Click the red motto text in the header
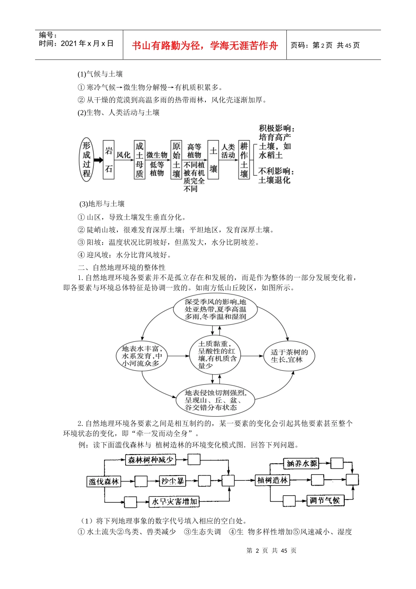(204, 46)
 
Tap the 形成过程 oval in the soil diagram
(87, 159)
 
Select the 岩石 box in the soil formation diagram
(109, 160)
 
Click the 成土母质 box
(139, 160)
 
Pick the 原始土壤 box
(176, 160)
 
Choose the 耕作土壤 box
(244, 160)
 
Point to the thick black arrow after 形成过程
(98, 160)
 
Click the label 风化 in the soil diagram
(123, 155)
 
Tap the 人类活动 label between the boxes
(228, 151)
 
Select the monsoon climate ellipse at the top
(215, 309)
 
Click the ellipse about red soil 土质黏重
(215, 355)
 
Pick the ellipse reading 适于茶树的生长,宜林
(289, 355)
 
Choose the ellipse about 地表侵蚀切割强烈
(215, 400)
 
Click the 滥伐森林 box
(104, 482)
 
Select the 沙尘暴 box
(173, 481)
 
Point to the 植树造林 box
(272, 480)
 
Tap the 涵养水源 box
(301, 463)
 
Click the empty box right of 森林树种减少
(194, 459)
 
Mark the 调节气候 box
(324, 500)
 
